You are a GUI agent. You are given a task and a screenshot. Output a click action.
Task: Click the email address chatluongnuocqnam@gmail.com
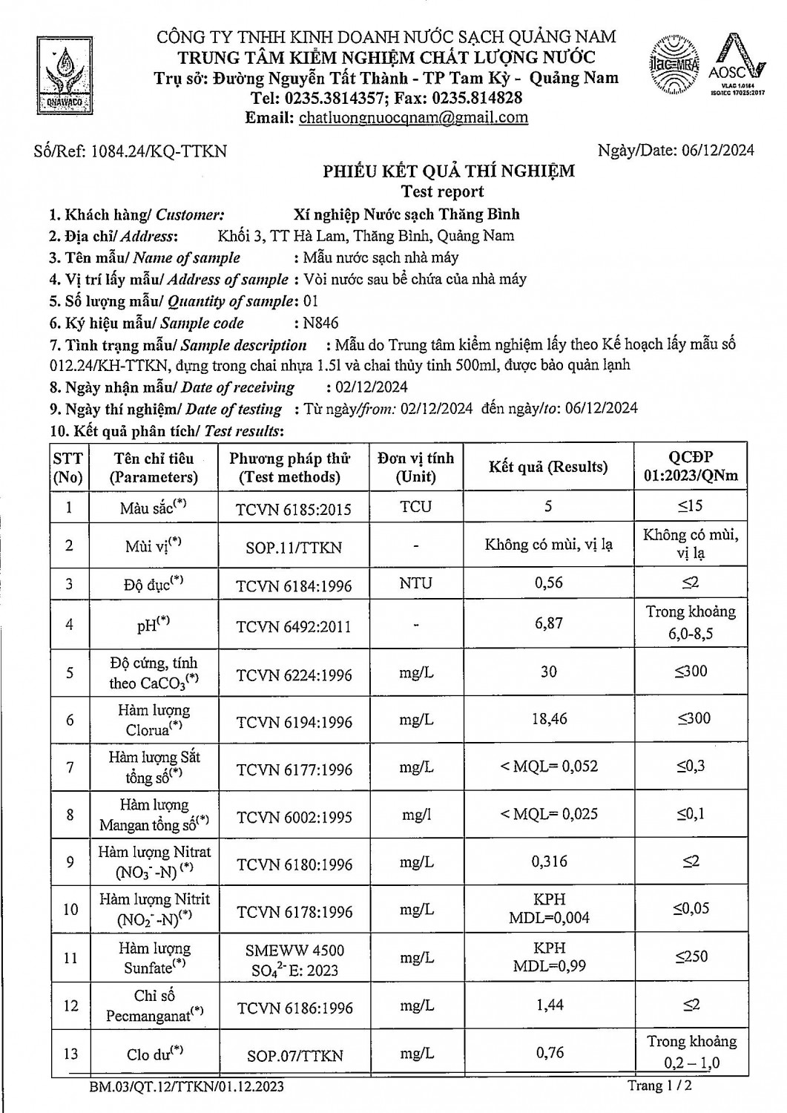coord(413,117)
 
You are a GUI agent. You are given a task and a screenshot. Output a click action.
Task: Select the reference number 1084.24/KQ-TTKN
coord(131,151)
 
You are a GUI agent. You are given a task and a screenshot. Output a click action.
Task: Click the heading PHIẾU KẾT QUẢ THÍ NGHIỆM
coord(448,171)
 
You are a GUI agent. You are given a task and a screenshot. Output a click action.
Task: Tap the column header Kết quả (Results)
coord(548,467)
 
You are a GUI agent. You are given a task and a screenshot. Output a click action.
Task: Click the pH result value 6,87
coord(548,623)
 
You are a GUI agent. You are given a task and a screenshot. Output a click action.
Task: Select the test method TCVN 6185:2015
coord(293,509)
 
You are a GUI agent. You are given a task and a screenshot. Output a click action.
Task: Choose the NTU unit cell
coord(415,583)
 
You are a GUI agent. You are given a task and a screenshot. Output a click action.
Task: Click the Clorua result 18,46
coord(548,719)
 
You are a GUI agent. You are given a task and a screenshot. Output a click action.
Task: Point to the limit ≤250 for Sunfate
coord(691,956)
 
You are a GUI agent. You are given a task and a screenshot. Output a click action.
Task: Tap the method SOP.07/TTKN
coord(294,1055)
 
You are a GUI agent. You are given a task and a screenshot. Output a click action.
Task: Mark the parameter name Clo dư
coord(153,1054)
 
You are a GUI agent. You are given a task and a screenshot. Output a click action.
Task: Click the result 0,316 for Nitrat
coord(549,861)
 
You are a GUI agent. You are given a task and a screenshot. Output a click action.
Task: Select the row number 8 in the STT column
coord(70,815)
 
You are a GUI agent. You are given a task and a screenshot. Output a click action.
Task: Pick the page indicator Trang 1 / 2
coord(659,1086)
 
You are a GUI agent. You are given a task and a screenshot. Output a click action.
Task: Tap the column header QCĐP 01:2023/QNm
coord(690,467)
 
